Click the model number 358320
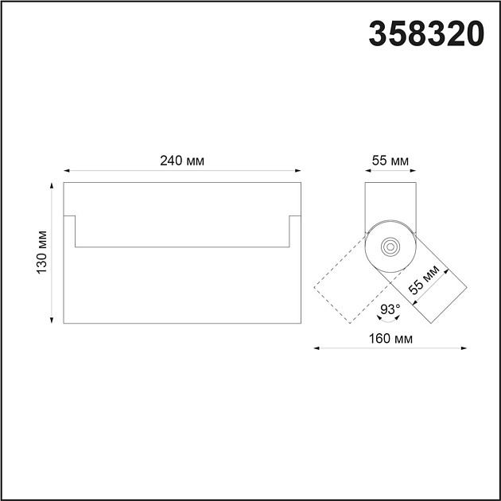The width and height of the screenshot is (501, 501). pyautogui.click(x=426, y=34)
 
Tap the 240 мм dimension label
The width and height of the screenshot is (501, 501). pyautogui.click(x=182, y=161)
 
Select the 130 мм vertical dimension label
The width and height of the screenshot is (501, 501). pyautogui.click(x=41, y=252)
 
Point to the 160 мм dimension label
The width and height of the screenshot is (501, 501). pyautogui.click(x=390, y=339)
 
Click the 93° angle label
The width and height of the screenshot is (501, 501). pyautogui.click(x=390, y=309)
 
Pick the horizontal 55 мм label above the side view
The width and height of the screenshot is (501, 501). pyautogui.click(x=390, y=161)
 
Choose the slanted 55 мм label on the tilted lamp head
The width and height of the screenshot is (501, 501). pyautogui.click(x=424, y=280)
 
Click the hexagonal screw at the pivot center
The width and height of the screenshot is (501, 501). pyautogui.click(x=390, y=247)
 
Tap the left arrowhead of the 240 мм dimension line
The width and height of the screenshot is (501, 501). pyautogui.click(x=67, y=171)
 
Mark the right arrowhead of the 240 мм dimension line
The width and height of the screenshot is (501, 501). pyautogui.click(x=298, y=171)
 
